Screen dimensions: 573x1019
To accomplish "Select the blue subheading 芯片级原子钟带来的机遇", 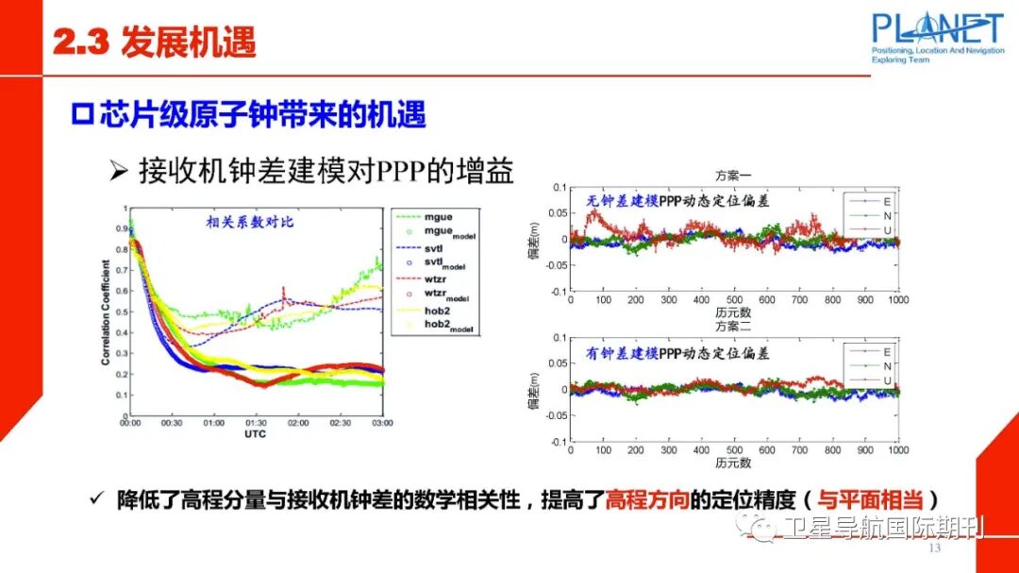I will pyautogui.click(x=249, y=114).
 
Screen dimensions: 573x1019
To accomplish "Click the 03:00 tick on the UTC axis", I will pyautogui.click(x=381, y=423).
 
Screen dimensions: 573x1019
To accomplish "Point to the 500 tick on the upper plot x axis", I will pyautogui.click(x=733, y=300).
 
